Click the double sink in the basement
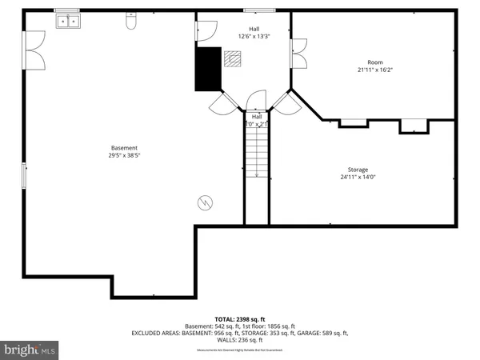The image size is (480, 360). click(67, 22)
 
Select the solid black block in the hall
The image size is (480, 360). click(209, 69)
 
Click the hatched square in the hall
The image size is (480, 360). click(233, 58)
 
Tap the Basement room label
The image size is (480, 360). click(124, 148)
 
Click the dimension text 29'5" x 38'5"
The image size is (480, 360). click(124, 157)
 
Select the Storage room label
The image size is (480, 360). click(358, 170)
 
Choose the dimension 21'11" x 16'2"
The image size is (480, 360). click(375, 70)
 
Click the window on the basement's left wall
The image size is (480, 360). click(24, 178)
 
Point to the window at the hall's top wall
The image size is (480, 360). click(255, 10)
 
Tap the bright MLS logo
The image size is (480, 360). click(30, 350)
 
